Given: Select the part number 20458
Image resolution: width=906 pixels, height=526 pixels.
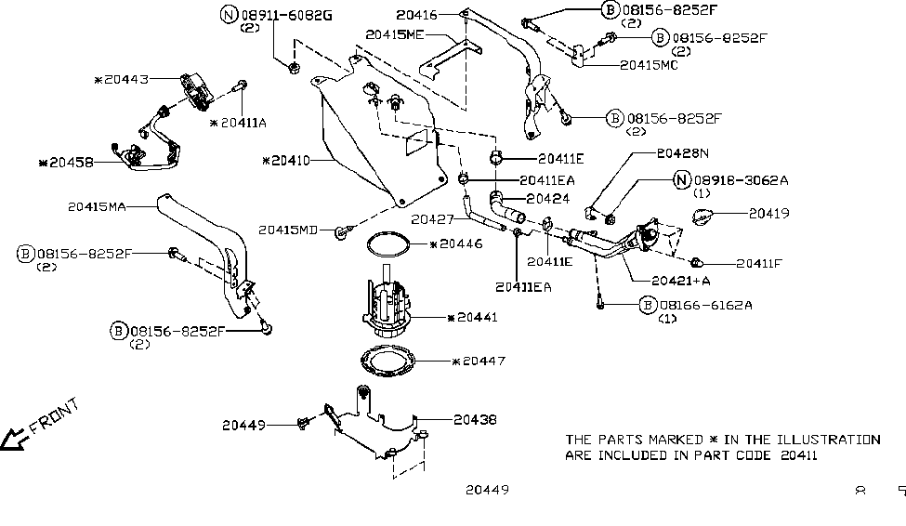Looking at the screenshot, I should [70, 163].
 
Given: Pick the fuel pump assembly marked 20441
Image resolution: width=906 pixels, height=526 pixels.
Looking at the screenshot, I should [390, 309].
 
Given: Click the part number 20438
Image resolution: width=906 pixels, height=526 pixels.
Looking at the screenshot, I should [475, 420].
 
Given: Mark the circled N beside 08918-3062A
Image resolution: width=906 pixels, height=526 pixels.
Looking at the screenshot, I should [681, 180].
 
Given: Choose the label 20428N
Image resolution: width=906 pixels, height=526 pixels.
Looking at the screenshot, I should [682, 152].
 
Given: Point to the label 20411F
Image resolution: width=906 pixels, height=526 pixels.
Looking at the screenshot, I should [760, 263].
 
